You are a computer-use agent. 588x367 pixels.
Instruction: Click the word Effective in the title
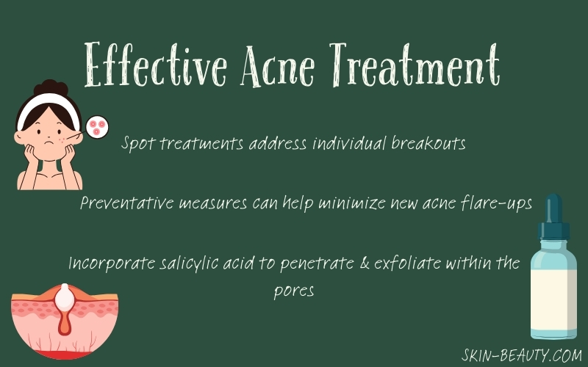(x=156, y=65)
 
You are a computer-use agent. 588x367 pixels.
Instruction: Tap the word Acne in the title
(x=278, y=65)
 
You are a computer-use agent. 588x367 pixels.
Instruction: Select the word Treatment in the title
(x=415, y=65)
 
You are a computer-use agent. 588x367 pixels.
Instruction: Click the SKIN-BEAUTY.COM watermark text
(x=522, y=355)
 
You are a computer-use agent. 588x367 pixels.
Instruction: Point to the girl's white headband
(x=48, y=106)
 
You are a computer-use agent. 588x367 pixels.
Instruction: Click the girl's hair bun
(x=51, y=87)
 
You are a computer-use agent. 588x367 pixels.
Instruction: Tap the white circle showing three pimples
(x=97, y=126)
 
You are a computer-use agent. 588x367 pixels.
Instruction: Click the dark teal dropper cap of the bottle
(x=553, y=217)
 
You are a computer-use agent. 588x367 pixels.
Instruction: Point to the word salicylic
(x=189, y=264)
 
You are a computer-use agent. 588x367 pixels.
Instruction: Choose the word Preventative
(x=126, y=203)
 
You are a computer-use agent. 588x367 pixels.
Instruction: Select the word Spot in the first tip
(x=137, y=144)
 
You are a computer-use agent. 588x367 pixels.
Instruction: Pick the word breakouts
(x=429, y=143)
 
